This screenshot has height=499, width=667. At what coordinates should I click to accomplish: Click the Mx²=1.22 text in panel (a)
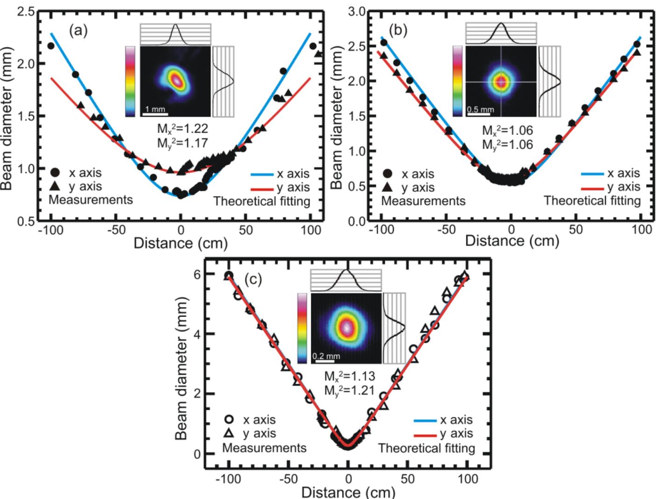[182, 128]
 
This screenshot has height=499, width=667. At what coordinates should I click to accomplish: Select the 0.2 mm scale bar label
[326, 356]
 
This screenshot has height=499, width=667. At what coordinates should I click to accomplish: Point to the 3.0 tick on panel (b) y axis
[357, 12]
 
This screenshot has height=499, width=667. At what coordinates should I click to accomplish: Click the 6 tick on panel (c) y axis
[197, 274]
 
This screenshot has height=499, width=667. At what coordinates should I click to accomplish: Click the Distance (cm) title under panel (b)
[512, 241]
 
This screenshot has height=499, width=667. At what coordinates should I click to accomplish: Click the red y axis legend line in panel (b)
[592, 188]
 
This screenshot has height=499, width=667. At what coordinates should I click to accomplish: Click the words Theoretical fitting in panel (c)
[426, 448]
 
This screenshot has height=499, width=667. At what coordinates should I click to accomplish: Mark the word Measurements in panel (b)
[423, 201]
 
